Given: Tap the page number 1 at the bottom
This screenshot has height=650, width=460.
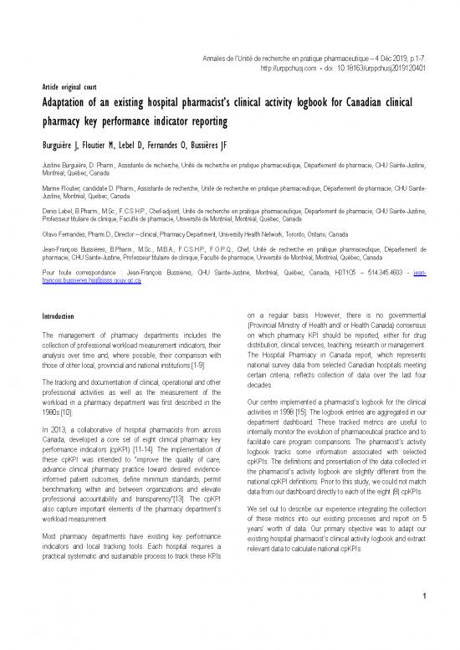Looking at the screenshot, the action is [424, 620].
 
